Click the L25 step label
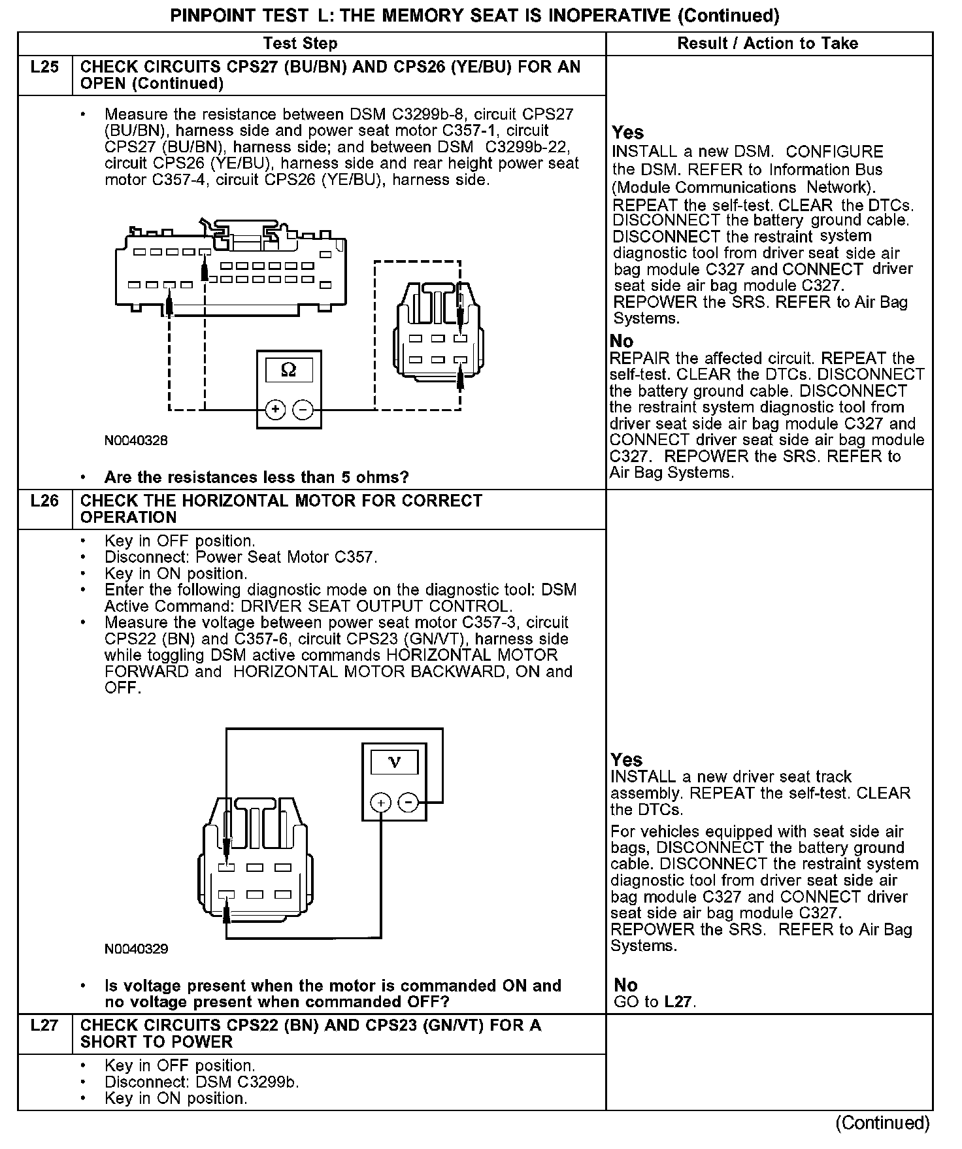(44, 67)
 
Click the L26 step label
(44, 501)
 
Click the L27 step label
(44, 1025)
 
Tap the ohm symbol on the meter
(288, 370)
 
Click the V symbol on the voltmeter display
(394, 762)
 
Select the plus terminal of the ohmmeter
(275, 410)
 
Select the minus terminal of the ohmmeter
(303, 410)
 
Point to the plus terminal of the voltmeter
(380, 802)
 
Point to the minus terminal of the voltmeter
(408, 802)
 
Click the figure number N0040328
(136, 441)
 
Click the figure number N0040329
(136, 949)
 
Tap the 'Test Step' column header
(300, 44)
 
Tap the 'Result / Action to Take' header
(767, 44)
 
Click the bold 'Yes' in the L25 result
(628, 133)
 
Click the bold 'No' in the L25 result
(622, 341)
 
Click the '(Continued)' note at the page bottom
(882, 1123)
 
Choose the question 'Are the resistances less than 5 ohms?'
(256, 477)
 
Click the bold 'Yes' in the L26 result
(627, 759)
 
